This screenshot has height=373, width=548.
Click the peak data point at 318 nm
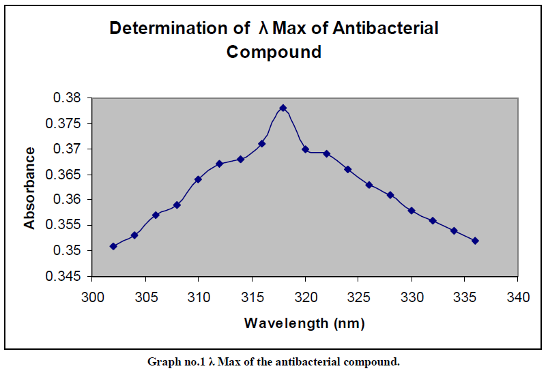coord(283,108)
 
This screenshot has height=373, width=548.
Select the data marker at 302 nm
coord(113,246)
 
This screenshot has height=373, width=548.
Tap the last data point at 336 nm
coord(475,241)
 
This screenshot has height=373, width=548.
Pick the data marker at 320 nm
coord(305,149)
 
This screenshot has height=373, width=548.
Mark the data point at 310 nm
coord(198,179)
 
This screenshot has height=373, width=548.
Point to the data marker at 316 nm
coord(262,144)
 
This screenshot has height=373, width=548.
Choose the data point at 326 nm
coord(369,185)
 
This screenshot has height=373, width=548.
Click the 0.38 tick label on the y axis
coord(67,98)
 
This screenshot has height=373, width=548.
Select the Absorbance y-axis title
coord(29,188)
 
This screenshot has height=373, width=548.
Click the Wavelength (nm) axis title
coord(304,323)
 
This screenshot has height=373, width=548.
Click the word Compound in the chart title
coord(274,52)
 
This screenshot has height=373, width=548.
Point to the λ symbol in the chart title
coord(263,29)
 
